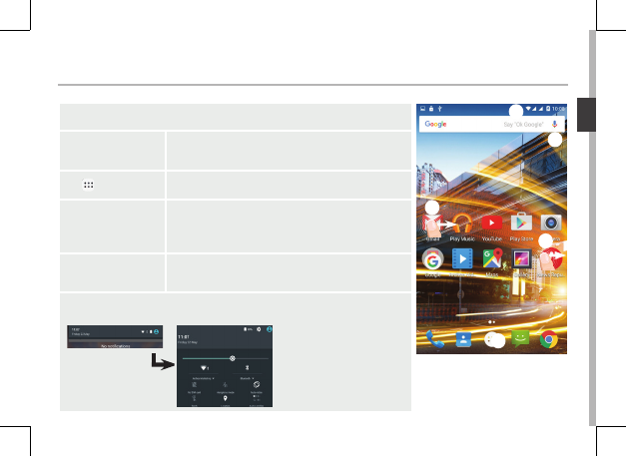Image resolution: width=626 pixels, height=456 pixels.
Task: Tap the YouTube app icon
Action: pos(492,224)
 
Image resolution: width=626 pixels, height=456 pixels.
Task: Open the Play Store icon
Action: pos(521,224)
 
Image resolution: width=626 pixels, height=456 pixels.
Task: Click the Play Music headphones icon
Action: pos(462,224)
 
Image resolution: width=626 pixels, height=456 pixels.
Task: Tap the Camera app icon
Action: pos(551,224)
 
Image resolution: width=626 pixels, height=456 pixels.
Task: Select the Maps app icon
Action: pos(492,260)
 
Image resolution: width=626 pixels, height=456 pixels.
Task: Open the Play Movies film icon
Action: pos(462,260)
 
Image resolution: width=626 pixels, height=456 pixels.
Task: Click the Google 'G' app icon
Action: pos(432,260)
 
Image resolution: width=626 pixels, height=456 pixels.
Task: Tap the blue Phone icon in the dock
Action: pos(433,339)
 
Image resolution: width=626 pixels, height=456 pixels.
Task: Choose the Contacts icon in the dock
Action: pos(463,339)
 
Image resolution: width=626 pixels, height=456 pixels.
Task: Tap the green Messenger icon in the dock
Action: pos(521,339)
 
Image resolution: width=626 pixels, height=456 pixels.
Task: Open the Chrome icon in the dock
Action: pos(550,339)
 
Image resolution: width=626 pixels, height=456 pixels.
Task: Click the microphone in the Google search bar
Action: pos(555,124)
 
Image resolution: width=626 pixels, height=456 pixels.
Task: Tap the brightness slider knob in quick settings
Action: pos(233,356)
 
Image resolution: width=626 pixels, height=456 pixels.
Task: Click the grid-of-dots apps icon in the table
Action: pos(88,172)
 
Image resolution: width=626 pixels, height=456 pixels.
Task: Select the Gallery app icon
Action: pos(521,260)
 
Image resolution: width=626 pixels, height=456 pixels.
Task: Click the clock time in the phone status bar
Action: pos(557,108)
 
